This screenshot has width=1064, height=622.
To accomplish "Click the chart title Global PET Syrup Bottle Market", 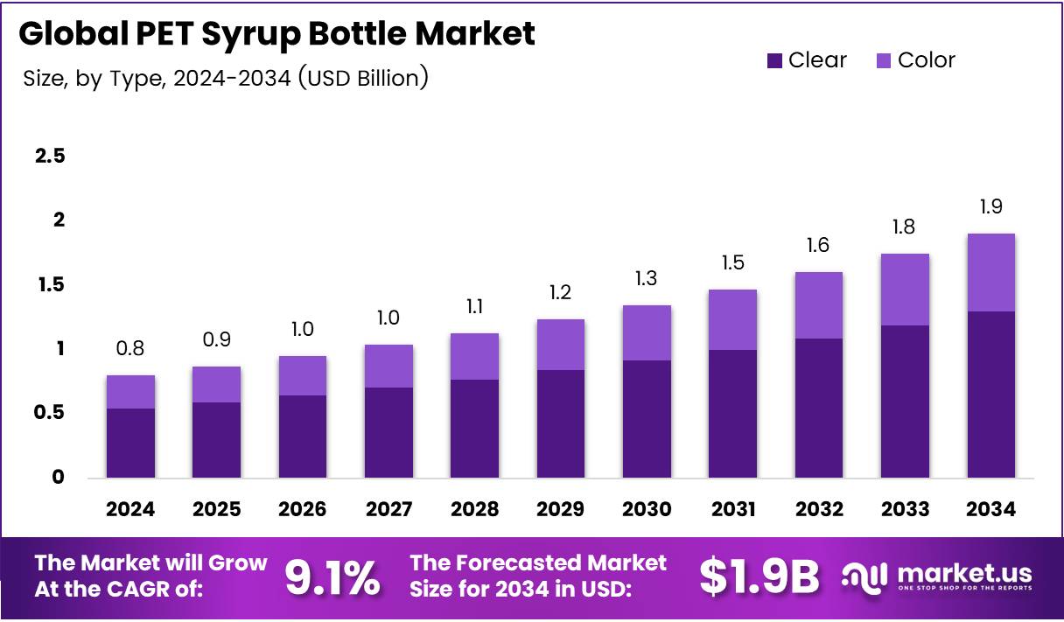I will click(276, 34).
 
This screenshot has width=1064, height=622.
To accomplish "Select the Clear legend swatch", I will click(774, 61).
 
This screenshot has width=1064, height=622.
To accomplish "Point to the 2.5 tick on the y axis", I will click(50, 157).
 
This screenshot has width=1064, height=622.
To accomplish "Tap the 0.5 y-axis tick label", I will click(50, 413).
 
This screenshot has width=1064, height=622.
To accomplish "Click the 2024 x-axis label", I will click(130, 509).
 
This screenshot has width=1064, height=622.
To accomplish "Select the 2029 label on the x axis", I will click(561, 509).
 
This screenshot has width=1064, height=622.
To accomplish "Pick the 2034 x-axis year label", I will click(991, 509).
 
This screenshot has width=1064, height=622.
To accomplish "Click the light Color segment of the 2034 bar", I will click(991, 272).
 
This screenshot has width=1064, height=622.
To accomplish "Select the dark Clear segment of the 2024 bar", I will click(130, 443).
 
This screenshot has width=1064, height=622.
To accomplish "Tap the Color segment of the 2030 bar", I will click(647, 332).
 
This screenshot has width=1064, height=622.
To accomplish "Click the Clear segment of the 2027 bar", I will click(388, 432).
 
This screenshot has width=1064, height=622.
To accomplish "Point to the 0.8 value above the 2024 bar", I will click(130, 349).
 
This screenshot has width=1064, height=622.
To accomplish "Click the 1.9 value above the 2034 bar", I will click(991, 207).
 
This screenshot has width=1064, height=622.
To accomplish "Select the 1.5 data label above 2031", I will click(732, 263).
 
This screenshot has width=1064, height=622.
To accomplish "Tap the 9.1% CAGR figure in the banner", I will click(332, 577).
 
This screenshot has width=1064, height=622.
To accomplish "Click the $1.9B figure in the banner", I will click(759, 577).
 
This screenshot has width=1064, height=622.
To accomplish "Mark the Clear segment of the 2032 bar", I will click(819, 408).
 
